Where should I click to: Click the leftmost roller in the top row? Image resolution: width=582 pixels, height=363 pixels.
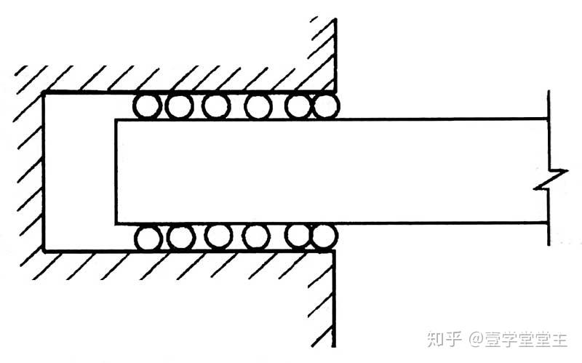(x=147, y=106)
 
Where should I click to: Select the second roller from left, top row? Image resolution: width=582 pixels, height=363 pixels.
(x=179, y=106)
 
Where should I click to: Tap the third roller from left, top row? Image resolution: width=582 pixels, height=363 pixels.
(x=215, y=106)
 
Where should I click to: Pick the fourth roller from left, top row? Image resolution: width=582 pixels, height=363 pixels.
(x=258, y=106)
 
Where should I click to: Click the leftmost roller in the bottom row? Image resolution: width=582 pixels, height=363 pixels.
(x=148, y=237)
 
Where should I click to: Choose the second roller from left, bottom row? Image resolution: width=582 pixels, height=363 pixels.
(x=180, y=237)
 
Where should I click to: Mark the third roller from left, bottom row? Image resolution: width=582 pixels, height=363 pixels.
(x=218, y=237)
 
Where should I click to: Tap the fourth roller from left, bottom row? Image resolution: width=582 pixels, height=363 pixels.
(x=256, y=237)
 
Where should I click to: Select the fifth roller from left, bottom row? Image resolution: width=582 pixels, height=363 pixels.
(x=297, y=237)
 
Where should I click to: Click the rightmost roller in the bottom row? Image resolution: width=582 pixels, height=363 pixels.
(x=323, y=237)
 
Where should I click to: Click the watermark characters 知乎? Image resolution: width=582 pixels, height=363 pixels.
(x=444, y=339)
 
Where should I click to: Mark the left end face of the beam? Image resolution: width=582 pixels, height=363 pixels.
(x=116, y=171)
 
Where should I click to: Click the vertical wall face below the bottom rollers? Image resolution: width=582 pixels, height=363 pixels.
(x=334, y=298)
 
